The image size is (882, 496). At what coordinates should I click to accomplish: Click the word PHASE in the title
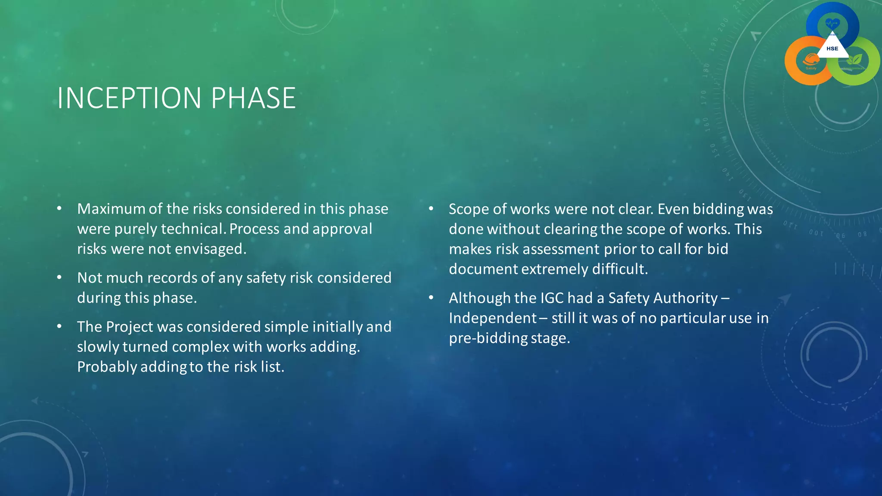(253, 98)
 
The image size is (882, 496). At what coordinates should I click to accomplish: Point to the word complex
(202, 347)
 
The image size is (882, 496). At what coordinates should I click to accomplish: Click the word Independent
(492, 318)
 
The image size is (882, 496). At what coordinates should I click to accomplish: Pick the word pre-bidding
(488, 338)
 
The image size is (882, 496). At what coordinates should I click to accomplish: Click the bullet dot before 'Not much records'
(59, 277)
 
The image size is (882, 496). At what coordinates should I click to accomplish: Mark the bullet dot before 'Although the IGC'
(431, 298)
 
